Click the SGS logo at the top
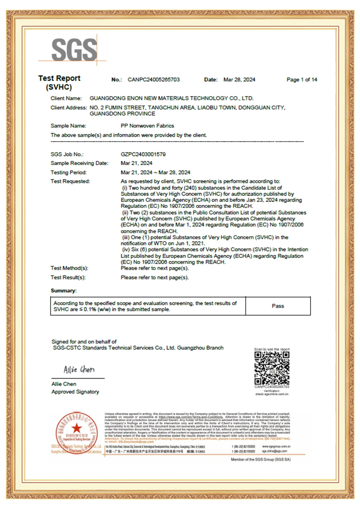coord(74,50)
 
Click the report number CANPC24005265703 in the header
coord(154,80)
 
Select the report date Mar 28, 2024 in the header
coord(239,80)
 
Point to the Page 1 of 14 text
coord(302,80)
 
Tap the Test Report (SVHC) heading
coord(59,83)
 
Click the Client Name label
coord(66,98)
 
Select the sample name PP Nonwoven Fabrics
coord(147,126)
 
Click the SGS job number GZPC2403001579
coord(143,154)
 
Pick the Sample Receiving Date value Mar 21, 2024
coord(136,163)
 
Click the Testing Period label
coord(69,173)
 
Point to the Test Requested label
coord(70,181)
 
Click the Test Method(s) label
coord(69,268)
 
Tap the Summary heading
coord(64,291)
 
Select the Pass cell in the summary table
coord(278,306)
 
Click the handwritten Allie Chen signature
coord(79,370)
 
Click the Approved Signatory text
coord(75,392)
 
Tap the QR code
coord(272,368)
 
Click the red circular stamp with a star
coord(76,433)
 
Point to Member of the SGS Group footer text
coord(260,460)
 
